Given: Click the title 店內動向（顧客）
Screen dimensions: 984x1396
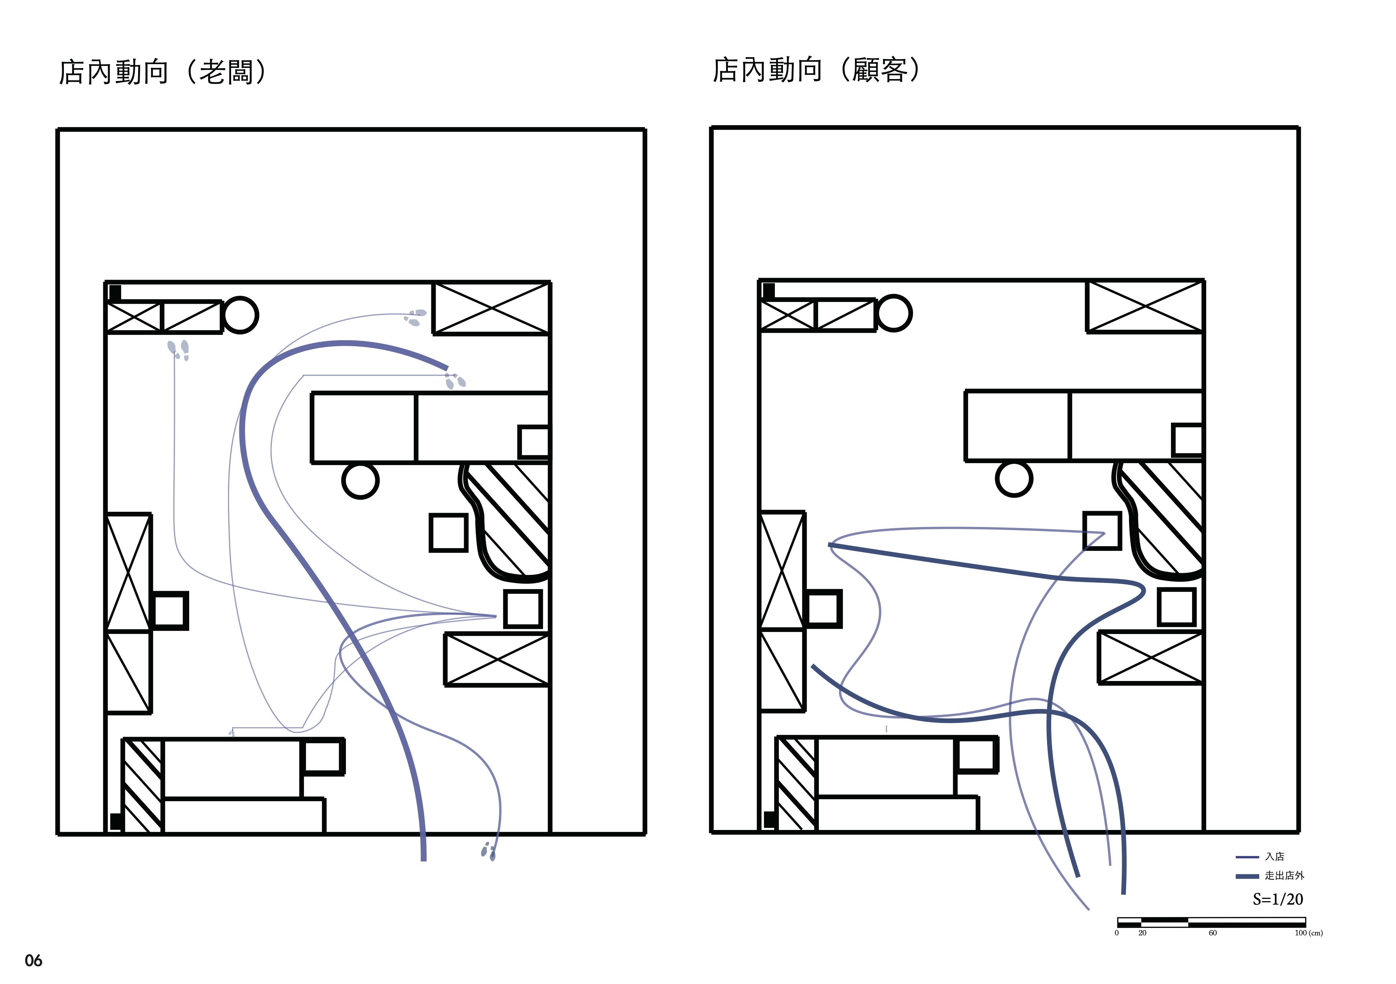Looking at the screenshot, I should (x=817, y=70).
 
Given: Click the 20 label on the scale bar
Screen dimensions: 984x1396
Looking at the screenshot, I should (x=1142, y=933).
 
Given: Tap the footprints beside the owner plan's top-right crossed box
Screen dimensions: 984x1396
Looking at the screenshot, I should (x=415, y=317).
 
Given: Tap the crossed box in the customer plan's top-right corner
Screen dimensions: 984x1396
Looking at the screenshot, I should (x=1145, y=306).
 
